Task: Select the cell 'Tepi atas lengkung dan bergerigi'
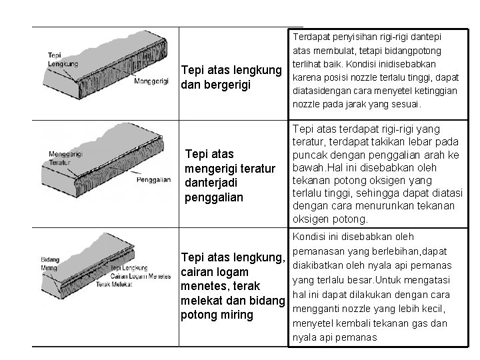[225, 79]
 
